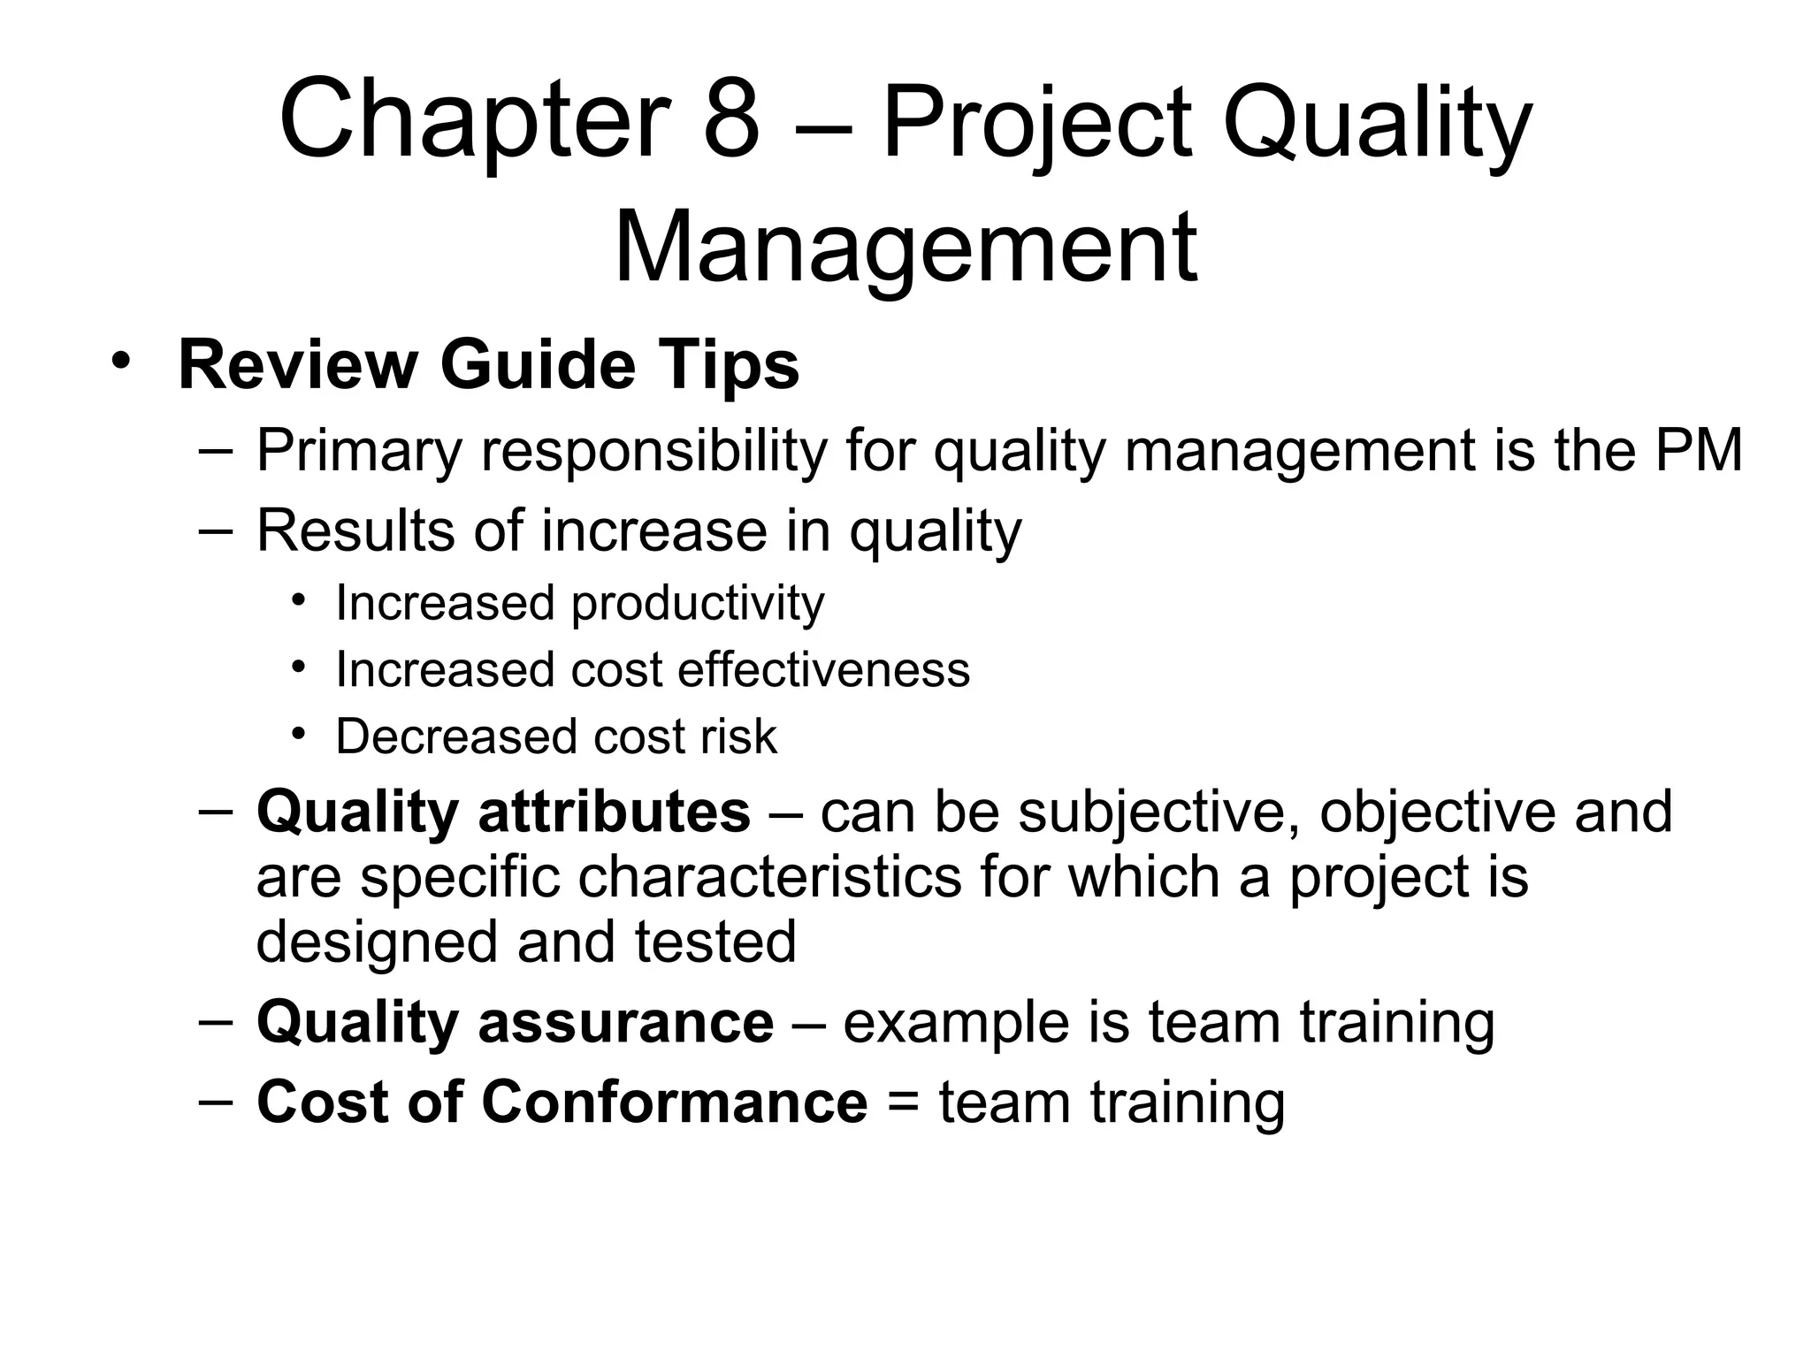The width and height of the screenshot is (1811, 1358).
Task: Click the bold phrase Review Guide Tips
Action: (x=489, y=365)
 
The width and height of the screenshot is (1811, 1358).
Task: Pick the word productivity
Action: (x=698, y=604)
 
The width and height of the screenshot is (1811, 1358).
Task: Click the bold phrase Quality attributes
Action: (x=503, y=812)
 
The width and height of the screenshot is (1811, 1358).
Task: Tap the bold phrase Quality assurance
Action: (x=515, y=1022)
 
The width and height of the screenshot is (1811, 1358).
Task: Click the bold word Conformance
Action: (x=674, y=1102)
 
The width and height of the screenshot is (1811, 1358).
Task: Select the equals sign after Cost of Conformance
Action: (x=902, y=1102)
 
